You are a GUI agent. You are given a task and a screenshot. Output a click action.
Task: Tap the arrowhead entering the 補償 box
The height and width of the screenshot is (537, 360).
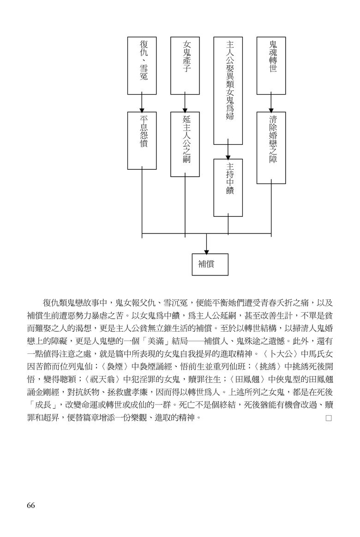[206, 251]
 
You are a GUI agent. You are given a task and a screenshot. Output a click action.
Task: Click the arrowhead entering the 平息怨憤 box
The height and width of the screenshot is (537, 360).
[142, 109]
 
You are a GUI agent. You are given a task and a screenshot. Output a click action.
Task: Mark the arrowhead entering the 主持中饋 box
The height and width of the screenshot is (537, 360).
[228, 156]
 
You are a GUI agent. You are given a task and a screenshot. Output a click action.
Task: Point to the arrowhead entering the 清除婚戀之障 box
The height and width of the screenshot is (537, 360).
[271, 109]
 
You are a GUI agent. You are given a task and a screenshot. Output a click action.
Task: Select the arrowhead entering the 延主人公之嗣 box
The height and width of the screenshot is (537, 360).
[185, 109]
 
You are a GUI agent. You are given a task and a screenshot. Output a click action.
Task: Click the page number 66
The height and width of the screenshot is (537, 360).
[30, 506]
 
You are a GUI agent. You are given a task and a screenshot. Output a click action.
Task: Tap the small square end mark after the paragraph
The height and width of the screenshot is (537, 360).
[329, 418]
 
